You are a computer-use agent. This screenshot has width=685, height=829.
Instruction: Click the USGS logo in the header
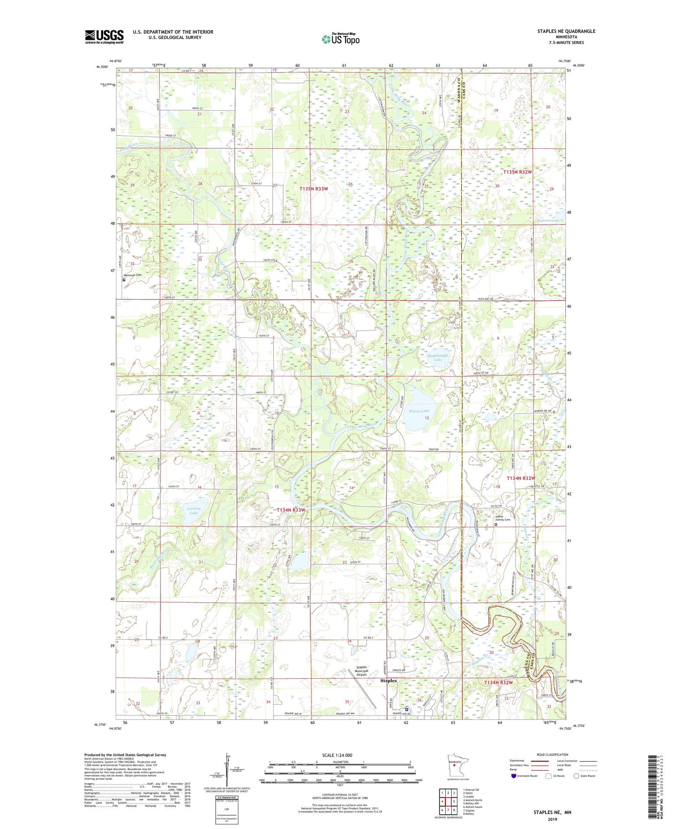pyautogui.click(x=104, y=37)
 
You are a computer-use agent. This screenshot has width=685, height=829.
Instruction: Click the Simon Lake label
pyautogui.click(x=419, y=411)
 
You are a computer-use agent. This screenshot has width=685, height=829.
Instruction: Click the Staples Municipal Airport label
pyautogui.click(x=361, y=671)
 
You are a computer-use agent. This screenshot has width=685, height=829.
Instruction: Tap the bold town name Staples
pyautogui.click(x=389, y=680)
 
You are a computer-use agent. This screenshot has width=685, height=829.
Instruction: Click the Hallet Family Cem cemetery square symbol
pyautogui.click(x=496, y=525)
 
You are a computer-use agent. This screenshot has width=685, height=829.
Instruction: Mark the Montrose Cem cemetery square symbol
pyautogui.click(x=124, y=280)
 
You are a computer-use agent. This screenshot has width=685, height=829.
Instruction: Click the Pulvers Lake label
pyautogui.click(x=548, y=220)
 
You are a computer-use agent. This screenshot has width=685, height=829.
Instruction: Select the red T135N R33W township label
pyautogui.click(x=314, y=188)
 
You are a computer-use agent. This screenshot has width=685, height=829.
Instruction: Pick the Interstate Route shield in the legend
pyautogui.click(x=513, y=776)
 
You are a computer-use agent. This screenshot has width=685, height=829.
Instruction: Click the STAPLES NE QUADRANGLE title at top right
pyautogui.click(x=566, y=31)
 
